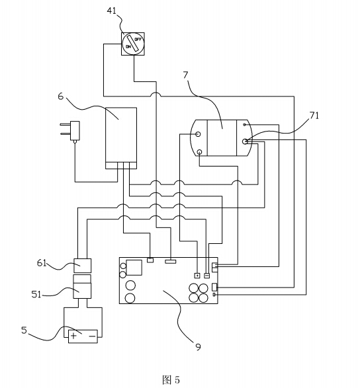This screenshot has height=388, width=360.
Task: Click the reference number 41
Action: pyautogui.click(x=112, y=11)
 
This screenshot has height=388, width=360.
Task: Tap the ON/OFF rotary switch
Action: pyautogui.click(x=133, y=44)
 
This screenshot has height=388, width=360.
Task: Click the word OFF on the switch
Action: pyautogui.click(x=138, y=39)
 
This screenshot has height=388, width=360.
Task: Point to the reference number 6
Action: pyautogui.click(x=61, y=97)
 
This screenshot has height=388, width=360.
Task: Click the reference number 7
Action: pyautogui.click(x=185, y=75)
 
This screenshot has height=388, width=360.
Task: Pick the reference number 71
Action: pyautogui.click(x=314, y=115)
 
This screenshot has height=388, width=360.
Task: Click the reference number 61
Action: pyautogui.click(x=42, y=263)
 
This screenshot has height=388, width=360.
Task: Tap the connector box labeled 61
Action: pyautogui.click(x=82, y=266)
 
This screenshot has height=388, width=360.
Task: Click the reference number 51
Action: pyautogui.click(x=36, y=294)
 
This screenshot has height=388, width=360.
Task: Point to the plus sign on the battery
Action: pyautogui.click(x=73, y=336)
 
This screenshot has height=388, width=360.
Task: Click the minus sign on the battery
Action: pyautogui.click(x=92, y=336)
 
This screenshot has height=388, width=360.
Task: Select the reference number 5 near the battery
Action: pyautogui.click(x=24, y=330)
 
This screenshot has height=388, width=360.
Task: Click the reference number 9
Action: pyautogui.click(x=198, y=347)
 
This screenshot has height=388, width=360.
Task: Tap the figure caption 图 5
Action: pyautogui.click(x=171, y=379)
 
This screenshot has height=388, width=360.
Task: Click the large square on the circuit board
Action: pyautogui.click(x=134, y=268)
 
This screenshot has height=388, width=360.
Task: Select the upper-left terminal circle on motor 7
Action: pyautogui.click(x=198, y=134)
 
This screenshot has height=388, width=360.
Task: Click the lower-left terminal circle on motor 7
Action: pyautogui.click(x=199, y=151)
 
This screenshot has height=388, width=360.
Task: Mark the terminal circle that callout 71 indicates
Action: pyautogui.click(x=245, y=141)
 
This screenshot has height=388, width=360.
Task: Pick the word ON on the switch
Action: pyautogui.click(x=128, y=47)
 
